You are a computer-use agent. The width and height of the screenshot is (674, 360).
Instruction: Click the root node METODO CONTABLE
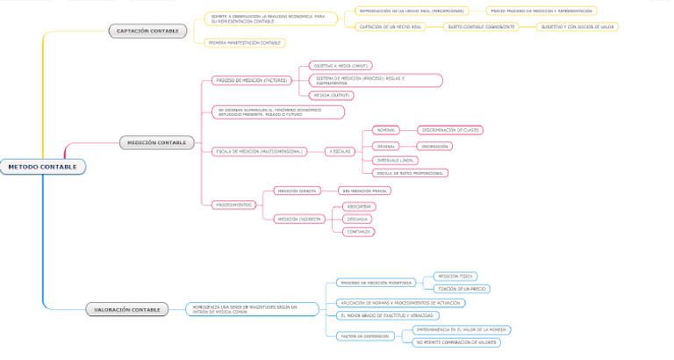tap(42, 166)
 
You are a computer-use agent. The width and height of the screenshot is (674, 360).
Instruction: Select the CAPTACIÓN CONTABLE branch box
tap(147, 31)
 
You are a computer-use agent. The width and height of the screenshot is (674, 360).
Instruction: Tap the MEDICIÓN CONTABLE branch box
tap(155, 142)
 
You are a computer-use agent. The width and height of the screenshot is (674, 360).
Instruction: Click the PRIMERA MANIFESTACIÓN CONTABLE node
tap(245, 42)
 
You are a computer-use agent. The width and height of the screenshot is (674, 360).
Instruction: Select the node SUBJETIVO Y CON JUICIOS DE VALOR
tap(577, 27)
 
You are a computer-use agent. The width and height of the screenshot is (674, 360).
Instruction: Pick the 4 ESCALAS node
tap(340, 151)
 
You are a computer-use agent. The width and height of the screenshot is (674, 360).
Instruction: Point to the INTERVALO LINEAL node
tap(396, 161)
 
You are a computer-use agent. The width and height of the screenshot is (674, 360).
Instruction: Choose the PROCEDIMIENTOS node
tap(234, 205)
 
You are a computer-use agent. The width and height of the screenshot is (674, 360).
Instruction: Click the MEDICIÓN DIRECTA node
tap(296, 191)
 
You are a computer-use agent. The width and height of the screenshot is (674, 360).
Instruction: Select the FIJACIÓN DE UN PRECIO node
tap(462, 288)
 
